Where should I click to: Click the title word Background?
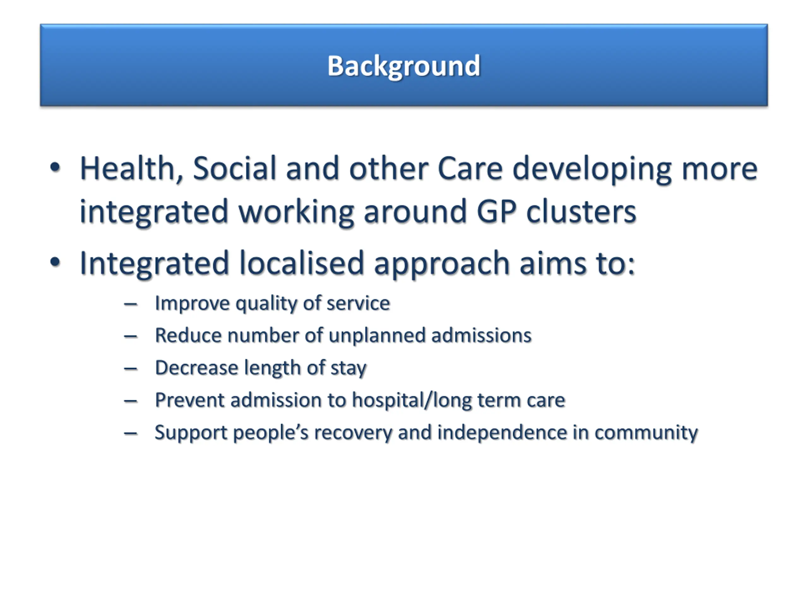[404, 66]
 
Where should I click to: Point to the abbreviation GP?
[496, 211]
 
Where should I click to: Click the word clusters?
[581, 211]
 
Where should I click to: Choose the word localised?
[302, 263]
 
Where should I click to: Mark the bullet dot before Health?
[55, 168]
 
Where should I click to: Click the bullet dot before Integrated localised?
[55, 262]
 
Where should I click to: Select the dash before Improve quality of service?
[130, 304]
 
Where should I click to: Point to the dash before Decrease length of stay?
[130, 369]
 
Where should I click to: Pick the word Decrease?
[197, 367]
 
